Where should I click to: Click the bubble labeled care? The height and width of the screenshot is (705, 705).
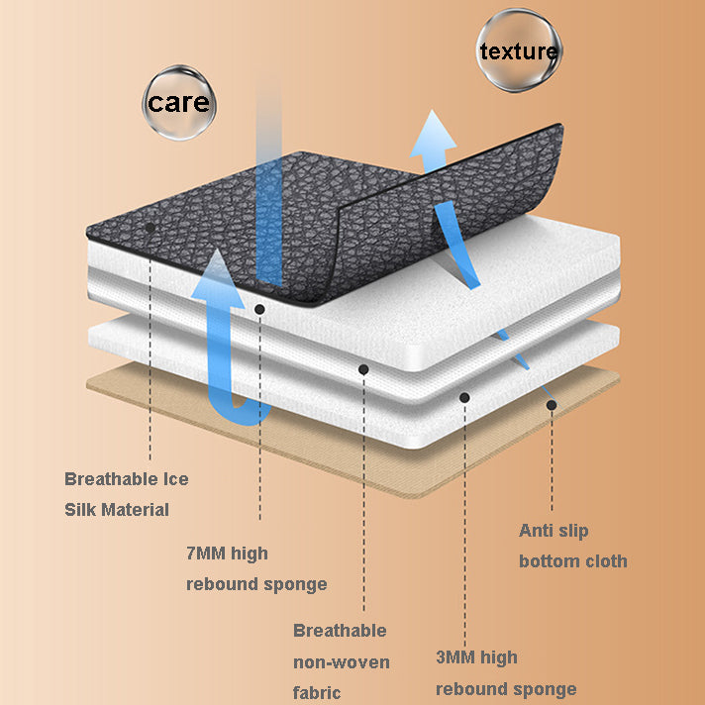pos(179,103)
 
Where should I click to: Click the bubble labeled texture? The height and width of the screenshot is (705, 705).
pos(519,50)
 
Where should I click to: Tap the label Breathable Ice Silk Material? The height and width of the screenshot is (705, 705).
pos(127,494)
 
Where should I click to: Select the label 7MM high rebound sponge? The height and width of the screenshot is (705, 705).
pos(256,568)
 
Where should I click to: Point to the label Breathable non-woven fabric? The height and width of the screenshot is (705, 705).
pos(342,661)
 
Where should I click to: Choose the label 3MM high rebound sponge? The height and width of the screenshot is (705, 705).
pos(506,673)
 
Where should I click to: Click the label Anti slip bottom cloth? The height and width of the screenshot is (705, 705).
pos(572,546)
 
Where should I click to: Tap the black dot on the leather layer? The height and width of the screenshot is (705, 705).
pos(151,228)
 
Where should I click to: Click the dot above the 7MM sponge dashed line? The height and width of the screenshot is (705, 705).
pos(259,309)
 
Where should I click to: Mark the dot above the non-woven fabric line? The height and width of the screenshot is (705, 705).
pos(363,369)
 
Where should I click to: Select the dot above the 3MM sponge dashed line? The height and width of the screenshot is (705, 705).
pos(464,397)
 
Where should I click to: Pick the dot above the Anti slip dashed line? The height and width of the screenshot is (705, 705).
pos(552,405)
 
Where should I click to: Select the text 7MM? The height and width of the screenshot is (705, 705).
pos(206,554)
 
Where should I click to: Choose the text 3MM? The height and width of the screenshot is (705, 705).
pos(455,656)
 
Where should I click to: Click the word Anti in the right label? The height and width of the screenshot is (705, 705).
pos(535,531)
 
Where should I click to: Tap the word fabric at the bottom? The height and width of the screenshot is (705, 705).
pos(317,693)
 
